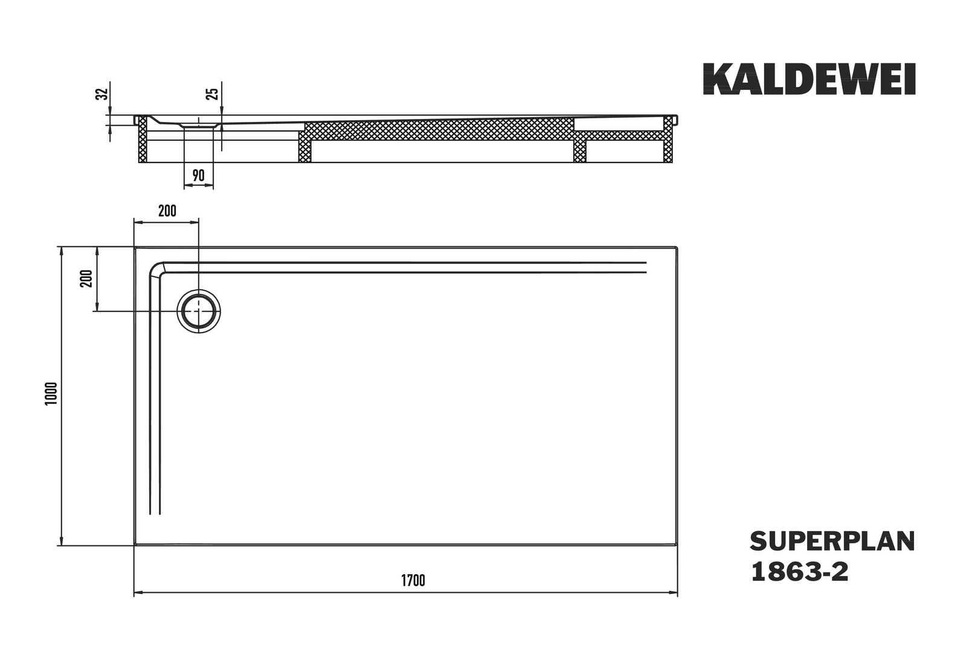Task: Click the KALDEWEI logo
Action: tap(809, 79)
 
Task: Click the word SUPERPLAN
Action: tap(832, 542)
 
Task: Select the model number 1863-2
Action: tap(799, 572)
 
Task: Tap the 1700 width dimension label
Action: tap(413, 581)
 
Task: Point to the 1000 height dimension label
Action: tap(51, 394)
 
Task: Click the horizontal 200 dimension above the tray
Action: tap(167, 211)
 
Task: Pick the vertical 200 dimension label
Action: tap(87, 278)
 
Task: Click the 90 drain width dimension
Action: tap(198, 176)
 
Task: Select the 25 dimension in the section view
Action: tap(212, 94)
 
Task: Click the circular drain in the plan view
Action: tap(198, 312)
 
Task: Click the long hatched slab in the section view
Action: tap(438, 129)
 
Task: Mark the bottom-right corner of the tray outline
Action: tap(677, 545)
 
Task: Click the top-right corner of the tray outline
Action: tap(677, 247)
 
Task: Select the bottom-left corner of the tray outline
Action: tap(135, 545)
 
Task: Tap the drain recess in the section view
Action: tap(198, 124)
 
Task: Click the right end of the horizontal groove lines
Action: tap(646, 267)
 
